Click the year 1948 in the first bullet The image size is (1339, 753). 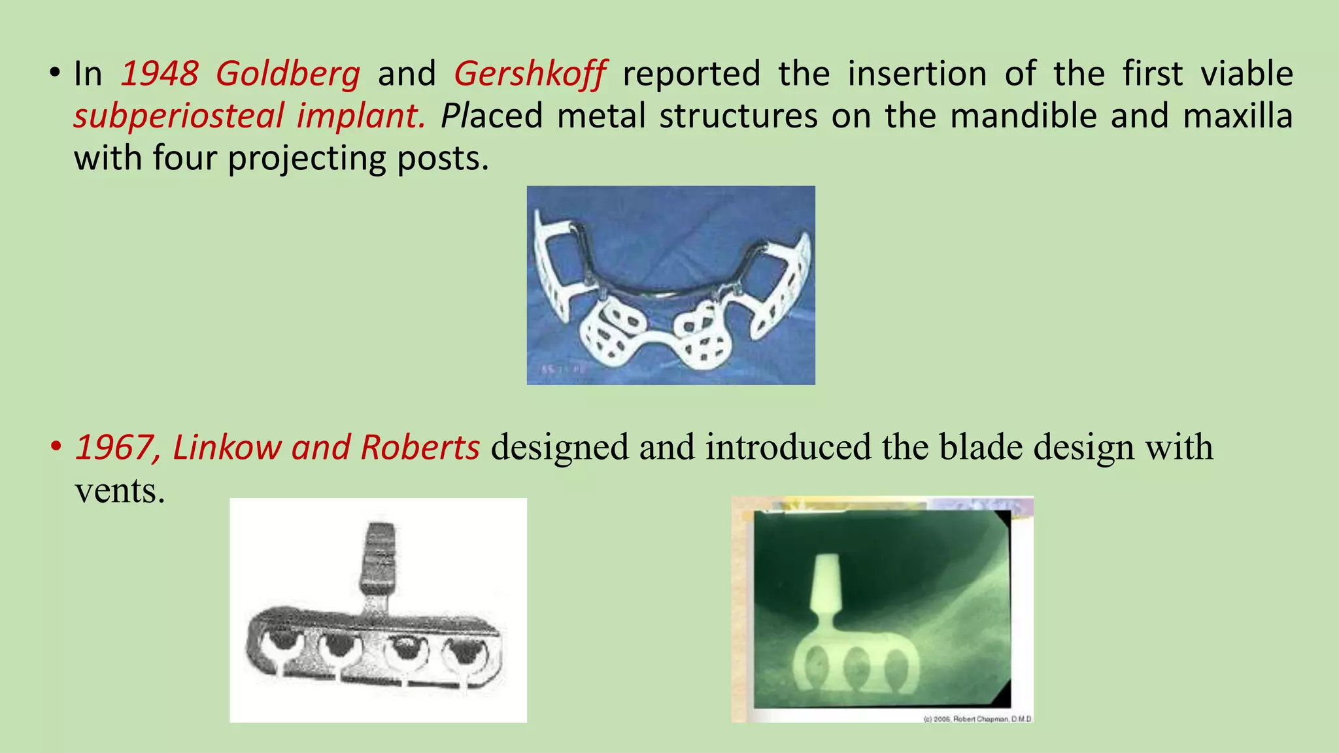click(x=160, y=73)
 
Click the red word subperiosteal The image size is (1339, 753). click(x=178, y=116)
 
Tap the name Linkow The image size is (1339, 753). click(x=227, y=448)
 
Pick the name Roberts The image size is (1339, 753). click(x=420, y=448)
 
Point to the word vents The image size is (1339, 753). click(x=119, y=490)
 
